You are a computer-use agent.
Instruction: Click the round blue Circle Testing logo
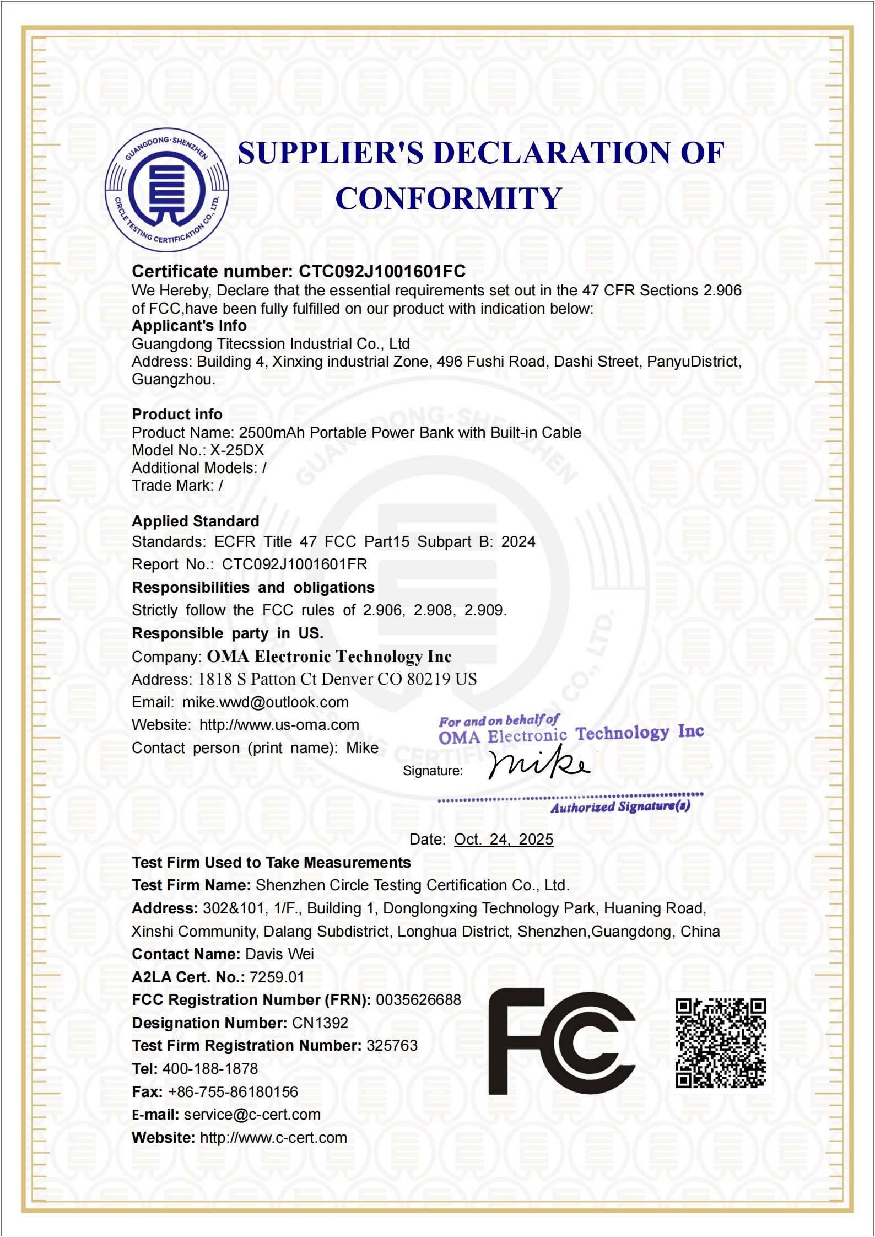(x=167, y=190)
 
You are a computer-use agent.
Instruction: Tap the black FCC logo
(x=561, y=1041)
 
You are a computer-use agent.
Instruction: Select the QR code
(x=721, y=1042)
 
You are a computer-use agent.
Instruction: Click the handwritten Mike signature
(x=539, y=763)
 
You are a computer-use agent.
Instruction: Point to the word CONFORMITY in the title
(x=449, y=198)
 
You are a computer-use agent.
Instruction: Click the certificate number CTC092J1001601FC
(x=382, y=271)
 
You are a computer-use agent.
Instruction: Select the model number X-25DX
(x=237, y=450)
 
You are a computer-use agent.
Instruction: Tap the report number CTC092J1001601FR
(x=294, y=564)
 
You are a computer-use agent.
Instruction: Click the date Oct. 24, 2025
(x=503, y=839)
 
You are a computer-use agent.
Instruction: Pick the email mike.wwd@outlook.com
(x=266, y=702)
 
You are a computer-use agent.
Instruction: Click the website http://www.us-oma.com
(x=279, y=725)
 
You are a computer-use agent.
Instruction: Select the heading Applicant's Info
(x=189, y=326)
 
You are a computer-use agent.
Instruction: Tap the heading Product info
(x=177, y=415)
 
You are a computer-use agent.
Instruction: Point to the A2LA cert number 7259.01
(x=277, y=977)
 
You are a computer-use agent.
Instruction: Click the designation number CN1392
(x=320, y=1023)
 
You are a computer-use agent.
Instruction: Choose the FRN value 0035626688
(x=418, y=999)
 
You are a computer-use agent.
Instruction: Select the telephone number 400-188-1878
(x=210, y=1068)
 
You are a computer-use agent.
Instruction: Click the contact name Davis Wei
(x=279, y=954)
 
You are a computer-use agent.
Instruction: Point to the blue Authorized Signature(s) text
(x=620, y=807)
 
